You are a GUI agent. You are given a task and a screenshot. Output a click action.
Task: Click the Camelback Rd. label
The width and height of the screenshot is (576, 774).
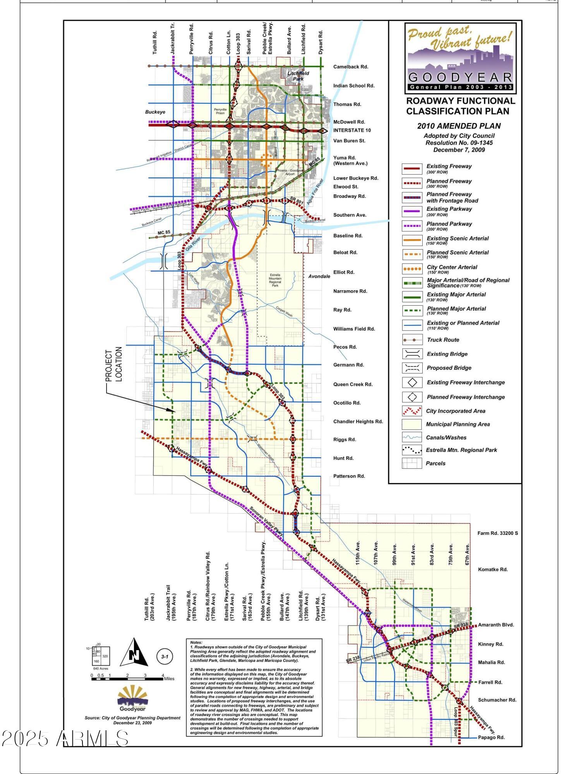click(x=350, y=67)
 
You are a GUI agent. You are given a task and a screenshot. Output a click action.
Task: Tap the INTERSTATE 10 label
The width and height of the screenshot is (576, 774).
click(x=352, y=130)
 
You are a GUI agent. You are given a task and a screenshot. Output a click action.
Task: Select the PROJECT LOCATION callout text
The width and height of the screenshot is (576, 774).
click(x=114, y=364)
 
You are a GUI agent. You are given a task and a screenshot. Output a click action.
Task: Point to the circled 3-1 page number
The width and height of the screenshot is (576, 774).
click(x=165, y=656)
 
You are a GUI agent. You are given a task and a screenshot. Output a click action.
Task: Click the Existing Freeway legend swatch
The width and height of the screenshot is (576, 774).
click(x=412, y=168)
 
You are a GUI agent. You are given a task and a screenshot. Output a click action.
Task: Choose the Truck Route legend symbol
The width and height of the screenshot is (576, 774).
click(x=412, y=340)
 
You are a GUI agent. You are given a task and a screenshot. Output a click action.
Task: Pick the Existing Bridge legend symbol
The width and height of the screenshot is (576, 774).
click(x=412, y=354)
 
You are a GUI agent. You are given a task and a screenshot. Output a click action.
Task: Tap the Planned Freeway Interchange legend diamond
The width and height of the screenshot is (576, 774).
click(x=412, y=397)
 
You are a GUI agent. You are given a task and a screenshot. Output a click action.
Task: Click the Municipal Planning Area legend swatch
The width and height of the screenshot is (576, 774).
click(x=412, y=424)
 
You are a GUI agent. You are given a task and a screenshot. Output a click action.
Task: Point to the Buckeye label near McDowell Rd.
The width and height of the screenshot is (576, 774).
click(x=155, y=112)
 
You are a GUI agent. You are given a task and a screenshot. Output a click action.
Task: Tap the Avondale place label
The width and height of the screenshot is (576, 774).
click(x=319, y=276)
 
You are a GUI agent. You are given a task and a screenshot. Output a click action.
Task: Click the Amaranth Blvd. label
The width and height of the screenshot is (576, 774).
click(x=496, y=625)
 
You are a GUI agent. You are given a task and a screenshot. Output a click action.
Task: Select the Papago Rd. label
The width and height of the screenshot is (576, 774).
click(x=491, y=737)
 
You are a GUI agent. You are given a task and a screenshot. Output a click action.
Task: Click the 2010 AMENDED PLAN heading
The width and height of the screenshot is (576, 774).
click(x=459, y=126)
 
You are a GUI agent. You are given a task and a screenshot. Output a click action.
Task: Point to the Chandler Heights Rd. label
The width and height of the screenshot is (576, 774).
click(x=358, y=421)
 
